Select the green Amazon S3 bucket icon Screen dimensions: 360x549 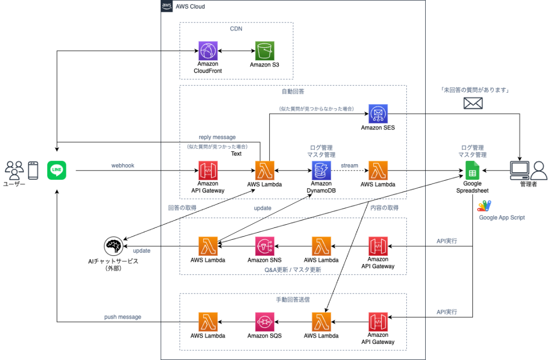coord(264,51)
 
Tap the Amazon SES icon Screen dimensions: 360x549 coord(378,114)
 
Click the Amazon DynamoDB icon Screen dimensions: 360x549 coord(321,171)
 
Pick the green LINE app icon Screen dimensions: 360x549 coord(56,171)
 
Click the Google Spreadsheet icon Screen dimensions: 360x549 coord(472,172)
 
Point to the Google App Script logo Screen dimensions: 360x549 coord(484,206)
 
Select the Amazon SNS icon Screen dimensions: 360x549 coord(265,246)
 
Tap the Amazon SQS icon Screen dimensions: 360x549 coord(265,322)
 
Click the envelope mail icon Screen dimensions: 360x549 coord(472,102)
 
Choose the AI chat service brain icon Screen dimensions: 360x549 coord(113,246)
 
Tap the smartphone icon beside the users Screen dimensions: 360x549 coord(33,170)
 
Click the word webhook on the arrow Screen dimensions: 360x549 coord(122,166)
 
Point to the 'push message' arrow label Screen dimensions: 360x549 coord(123,317)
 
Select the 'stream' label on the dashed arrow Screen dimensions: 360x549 coord(349,166)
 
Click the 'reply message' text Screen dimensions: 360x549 coord(217,137)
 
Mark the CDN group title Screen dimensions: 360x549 coord(236,29)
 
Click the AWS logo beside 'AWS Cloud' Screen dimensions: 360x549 coord(167,6)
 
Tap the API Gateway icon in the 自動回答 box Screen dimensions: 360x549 coord(207,171)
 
